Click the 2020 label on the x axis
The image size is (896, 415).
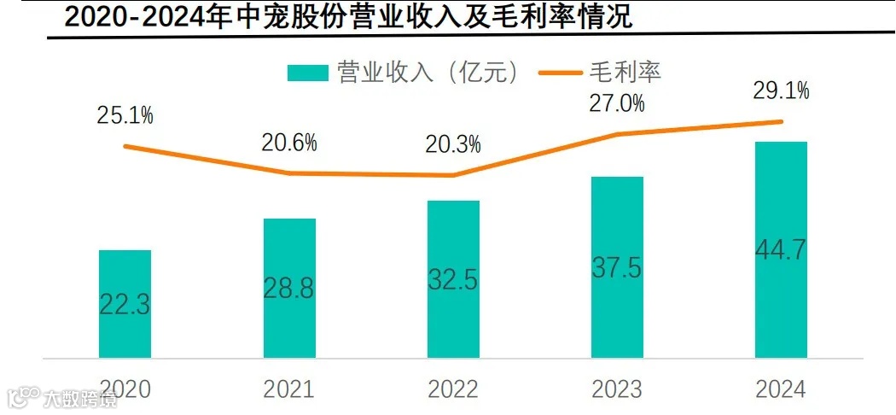[x=125, y=389]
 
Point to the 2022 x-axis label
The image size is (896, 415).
[x=453, y=389]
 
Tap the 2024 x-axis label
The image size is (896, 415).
[x=781, y=389]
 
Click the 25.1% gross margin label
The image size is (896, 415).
[x=125, y=115]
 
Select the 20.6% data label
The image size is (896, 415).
[x=289, y=143]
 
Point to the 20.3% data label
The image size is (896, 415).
[x=453, y=143]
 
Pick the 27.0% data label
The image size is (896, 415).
[x=616, y=103]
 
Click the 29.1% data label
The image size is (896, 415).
[x=781, y=90]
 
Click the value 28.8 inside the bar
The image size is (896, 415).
[x=289, y=289]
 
